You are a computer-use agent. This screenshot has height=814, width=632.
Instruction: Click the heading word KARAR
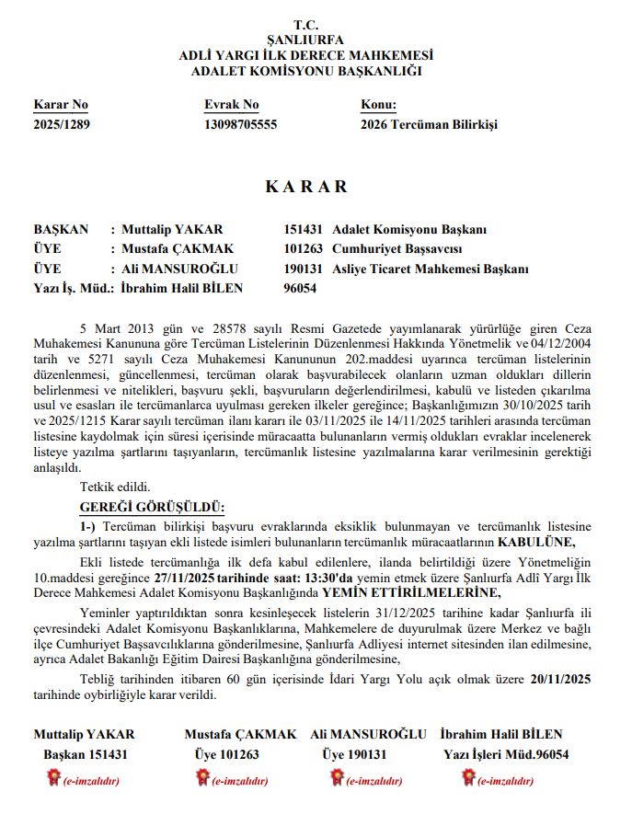click(x=306, y=187)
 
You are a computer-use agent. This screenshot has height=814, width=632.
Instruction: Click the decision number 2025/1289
click(x=62, y=124)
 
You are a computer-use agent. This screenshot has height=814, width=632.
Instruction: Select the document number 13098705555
click(x=240, y=124)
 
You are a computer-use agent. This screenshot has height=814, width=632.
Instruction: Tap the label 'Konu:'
click(x=378, y=105)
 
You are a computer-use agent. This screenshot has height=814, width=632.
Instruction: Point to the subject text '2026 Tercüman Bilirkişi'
click(x=429, y=124)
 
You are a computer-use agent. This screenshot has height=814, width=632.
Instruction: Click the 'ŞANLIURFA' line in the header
click(x=305, y=40)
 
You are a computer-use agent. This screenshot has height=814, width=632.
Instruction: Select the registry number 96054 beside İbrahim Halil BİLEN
click(x=301, y=288)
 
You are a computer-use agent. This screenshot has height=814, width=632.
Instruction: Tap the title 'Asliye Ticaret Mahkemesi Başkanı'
click(x=431, y=269)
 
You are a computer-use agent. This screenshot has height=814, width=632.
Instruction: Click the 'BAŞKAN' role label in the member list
click(x=61, y=229)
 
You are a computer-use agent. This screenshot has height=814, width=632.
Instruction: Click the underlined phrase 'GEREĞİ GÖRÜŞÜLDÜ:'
click(x=152, y=507)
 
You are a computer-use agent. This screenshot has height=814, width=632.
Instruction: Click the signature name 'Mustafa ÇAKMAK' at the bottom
click(x=240, y=734)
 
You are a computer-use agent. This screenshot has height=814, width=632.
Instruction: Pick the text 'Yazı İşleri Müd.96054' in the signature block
click(x=506, y=754)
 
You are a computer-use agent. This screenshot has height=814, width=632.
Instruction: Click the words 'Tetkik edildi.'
click(x=115, y=487)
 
